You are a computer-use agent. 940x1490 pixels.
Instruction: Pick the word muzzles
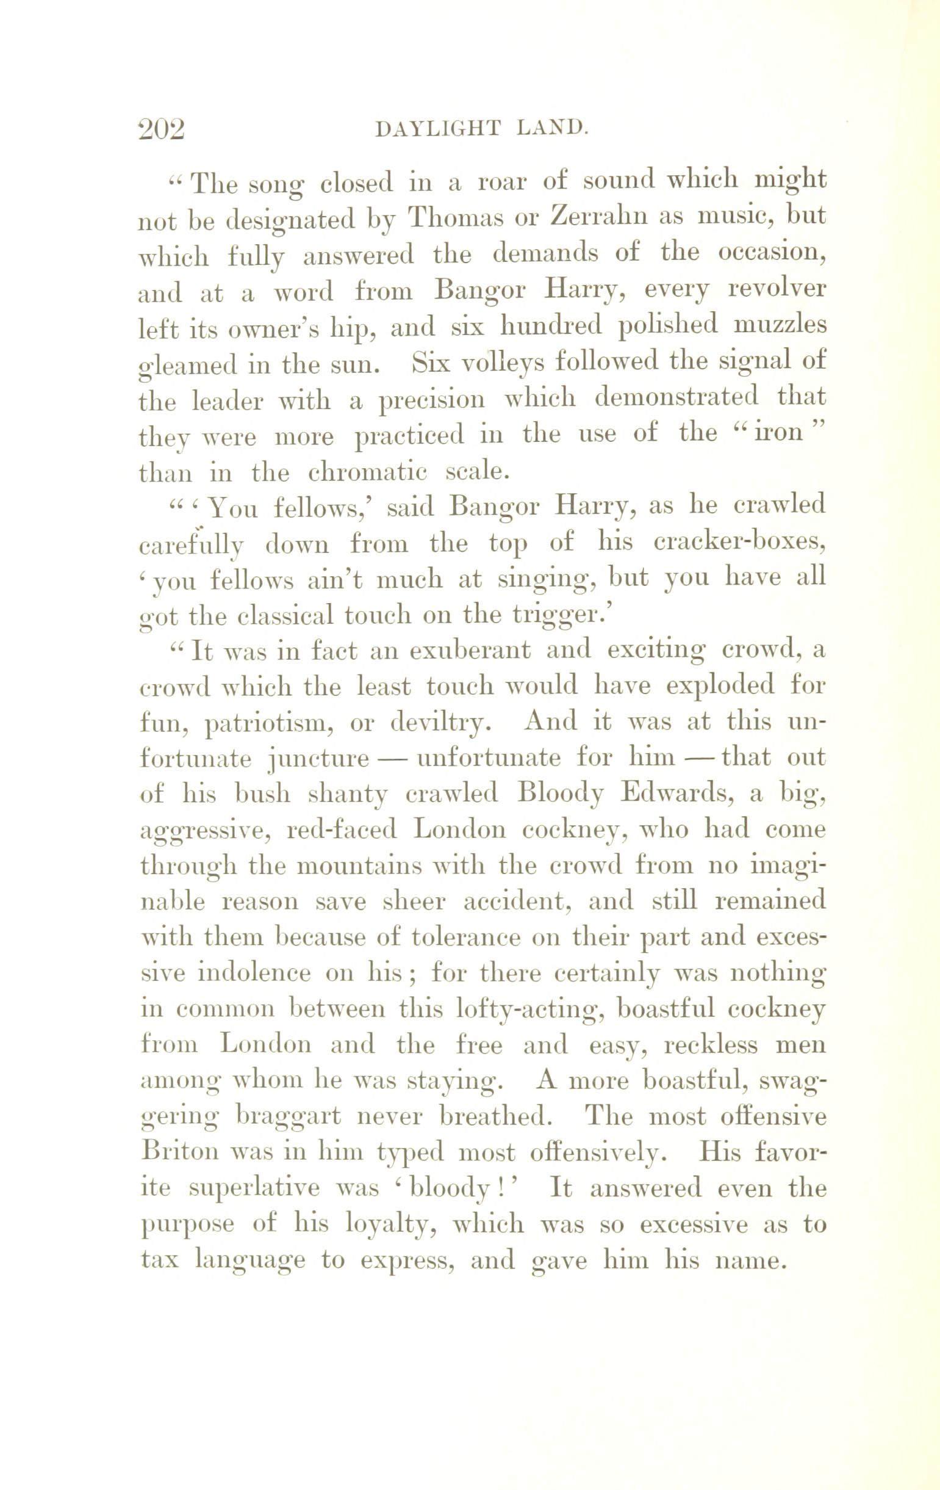tap(779, 325)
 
